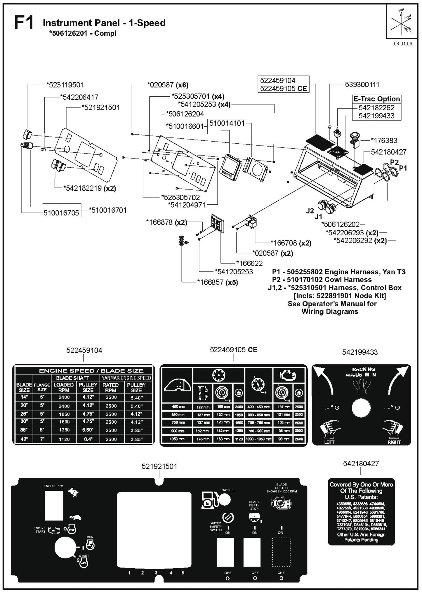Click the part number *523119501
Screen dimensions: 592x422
pos(65,85)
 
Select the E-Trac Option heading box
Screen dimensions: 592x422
pos(376,99)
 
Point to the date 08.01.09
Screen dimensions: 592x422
pos(403,44)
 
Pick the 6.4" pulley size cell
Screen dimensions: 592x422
pos(88,439)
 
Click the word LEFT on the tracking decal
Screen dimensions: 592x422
pos(329,442)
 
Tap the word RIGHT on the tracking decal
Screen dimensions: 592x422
pos(394,442)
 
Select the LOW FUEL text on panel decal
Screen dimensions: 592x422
pos(228,490)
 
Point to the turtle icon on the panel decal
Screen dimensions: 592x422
pos(75,517)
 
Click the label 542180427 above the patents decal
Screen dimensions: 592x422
pos(361,464)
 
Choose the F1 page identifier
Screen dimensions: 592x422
pos(24,23)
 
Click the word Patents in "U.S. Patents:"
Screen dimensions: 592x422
pos(366,497)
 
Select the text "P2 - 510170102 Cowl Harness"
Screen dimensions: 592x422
pos(322,280)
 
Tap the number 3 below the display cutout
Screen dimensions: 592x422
pos(156,573)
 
